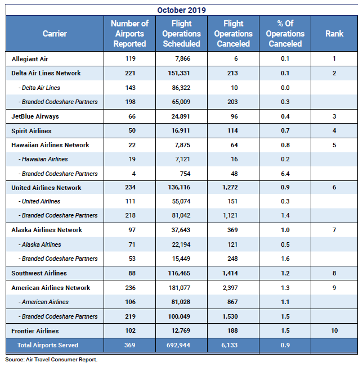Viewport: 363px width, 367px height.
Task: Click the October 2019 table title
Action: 181,10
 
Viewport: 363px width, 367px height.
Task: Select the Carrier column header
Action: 55,34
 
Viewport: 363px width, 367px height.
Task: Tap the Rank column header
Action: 334,34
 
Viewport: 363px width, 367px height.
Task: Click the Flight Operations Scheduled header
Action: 181,34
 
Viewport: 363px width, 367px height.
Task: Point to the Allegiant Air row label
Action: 31,58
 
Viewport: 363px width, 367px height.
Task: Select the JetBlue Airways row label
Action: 35,116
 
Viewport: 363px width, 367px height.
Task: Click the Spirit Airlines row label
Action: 32,131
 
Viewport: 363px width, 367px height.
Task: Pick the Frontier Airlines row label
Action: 35,331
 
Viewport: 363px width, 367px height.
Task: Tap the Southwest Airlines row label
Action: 39,273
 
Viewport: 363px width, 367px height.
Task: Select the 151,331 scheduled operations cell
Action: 181,73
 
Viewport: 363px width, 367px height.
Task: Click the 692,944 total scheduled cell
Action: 181,345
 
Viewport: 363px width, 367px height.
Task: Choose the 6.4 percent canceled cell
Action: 285,174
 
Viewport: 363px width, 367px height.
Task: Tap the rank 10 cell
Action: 334,331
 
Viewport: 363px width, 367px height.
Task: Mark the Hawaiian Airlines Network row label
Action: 50,145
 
